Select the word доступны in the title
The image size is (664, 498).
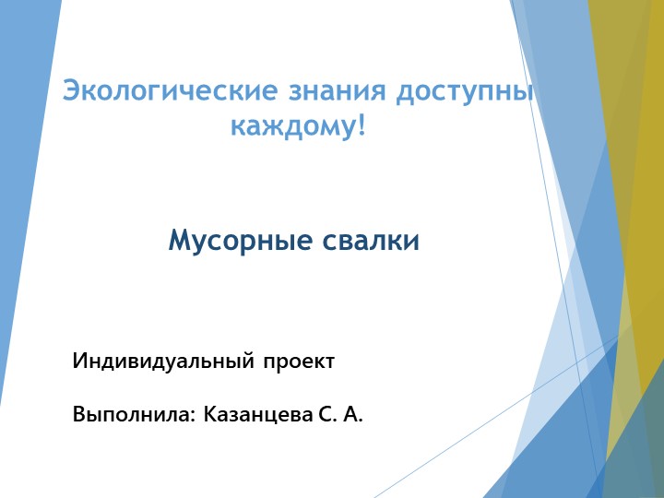pyautogui.click(x=465, y=91)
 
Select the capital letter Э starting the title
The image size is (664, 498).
pyautogui.click(x=70, y=91)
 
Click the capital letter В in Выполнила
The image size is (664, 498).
pyautogui.click(x=79, y=416)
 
